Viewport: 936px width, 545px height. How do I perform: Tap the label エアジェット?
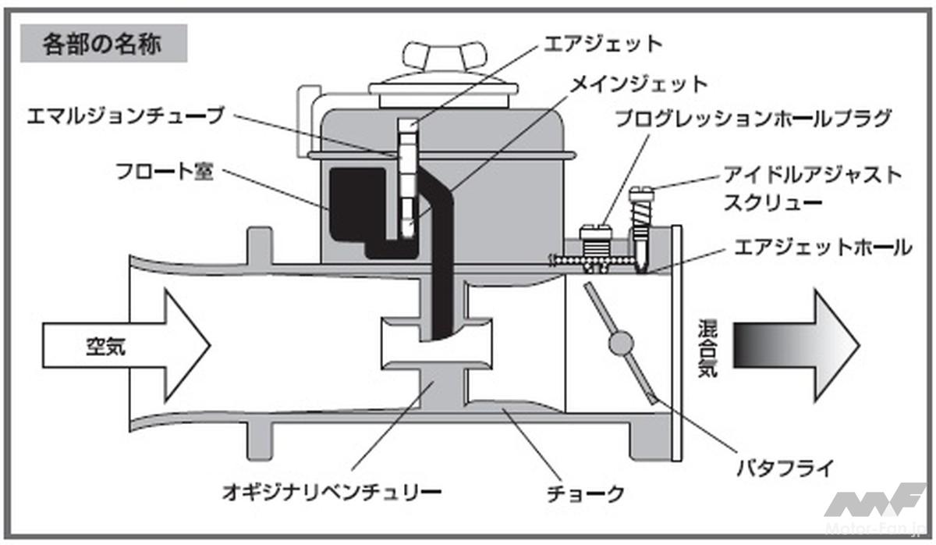coord(602,43)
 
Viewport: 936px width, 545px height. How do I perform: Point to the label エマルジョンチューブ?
coord(125,116)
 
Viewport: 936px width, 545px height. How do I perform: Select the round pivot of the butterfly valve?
coord(622,343)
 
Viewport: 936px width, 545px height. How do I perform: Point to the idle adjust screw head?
coord(644,191)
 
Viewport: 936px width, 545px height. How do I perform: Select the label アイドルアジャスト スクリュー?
coord(812,188)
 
